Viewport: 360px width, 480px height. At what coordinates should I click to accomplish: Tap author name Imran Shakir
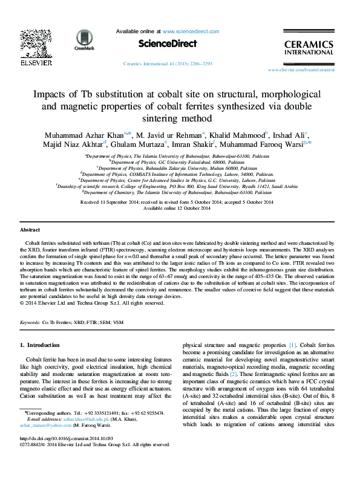pos(200,145)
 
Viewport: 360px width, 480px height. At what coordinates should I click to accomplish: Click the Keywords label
pos(30,323)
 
